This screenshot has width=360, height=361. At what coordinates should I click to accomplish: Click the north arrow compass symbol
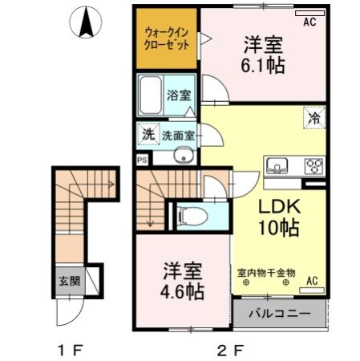(84, 22)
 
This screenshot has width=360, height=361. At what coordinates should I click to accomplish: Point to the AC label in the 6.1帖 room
(309, 22)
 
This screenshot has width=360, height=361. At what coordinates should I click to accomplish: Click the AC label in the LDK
(312, 280)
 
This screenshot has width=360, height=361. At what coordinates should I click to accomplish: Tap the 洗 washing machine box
(148, 135)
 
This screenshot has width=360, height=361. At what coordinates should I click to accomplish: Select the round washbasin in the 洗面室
(184, 156)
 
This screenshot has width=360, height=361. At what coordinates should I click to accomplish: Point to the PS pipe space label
(142, 160)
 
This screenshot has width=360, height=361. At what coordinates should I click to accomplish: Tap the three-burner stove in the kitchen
(312, 166)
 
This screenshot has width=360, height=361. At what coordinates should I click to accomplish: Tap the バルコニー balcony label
(278, 313)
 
